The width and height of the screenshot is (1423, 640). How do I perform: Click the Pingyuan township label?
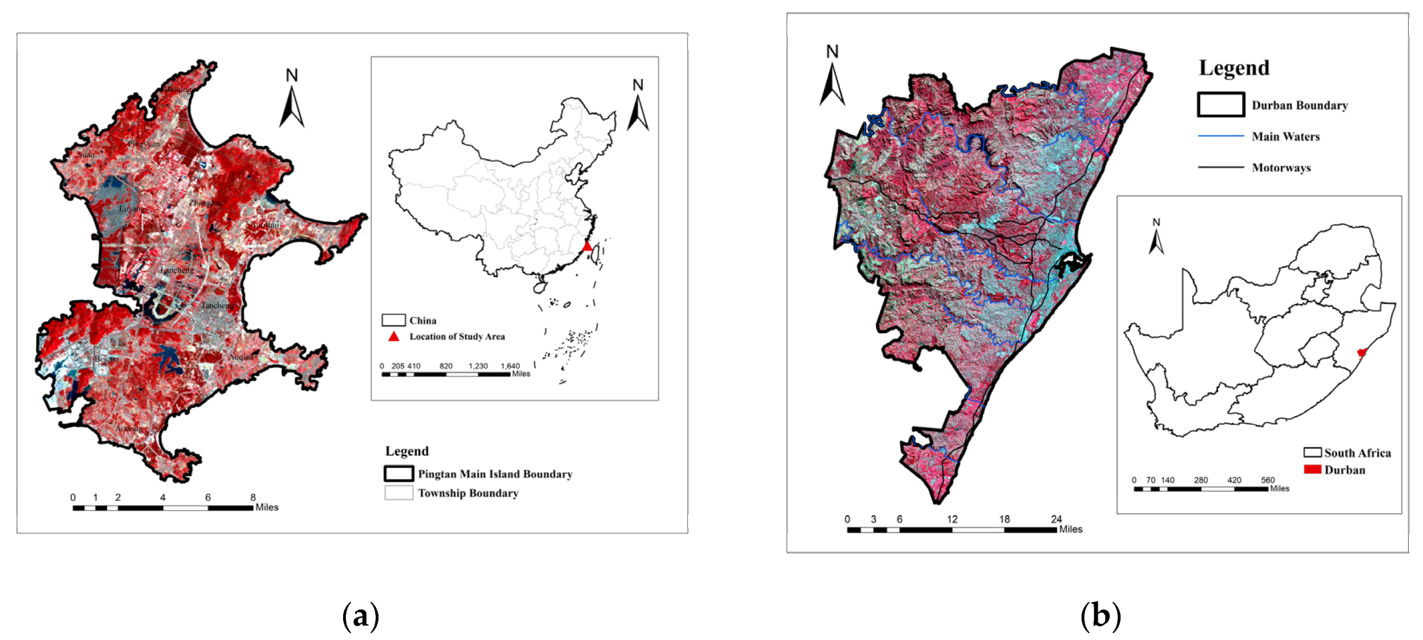(144, 144)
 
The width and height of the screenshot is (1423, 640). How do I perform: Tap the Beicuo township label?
(106, 359)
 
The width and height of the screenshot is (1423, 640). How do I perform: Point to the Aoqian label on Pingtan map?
(241, 357)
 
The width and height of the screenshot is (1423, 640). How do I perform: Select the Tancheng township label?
(216, 306)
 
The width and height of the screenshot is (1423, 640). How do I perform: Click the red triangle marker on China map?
(587, 246)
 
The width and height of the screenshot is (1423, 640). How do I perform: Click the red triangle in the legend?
(394, 337)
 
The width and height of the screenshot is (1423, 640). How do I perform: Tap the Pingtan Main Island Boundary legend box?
(399, 474)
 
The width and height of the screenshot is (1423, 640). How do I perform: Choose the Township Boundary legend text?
(468, 494)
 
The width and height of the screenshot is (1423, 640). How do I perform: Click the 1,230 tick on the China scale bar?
(478, 366)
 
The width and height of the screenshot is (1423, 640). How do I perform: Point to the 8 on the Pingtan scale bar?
(253, 498)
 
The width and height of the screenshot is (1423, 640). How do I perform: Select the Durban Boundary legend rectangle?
(1220, 105)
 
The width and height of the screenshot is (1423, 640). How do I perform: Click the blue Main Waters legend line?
(1220, 136)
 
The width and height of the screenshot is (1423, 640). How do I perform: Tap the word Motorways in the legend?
(1281, 168)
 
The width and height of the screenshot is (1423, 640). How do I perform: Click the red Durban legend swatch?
(1312, 469)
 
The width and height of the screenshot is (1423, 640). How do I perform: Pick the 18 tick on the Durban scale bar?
(1004, 519)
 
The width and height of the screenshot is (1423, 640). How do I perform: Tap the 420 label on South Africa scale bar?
(1234, 480)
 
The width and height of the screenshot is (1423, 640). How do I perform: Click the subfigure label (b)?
(1100, 616)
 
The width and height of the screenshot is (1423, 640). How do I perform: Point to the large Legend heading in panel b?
(1234, 68)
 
